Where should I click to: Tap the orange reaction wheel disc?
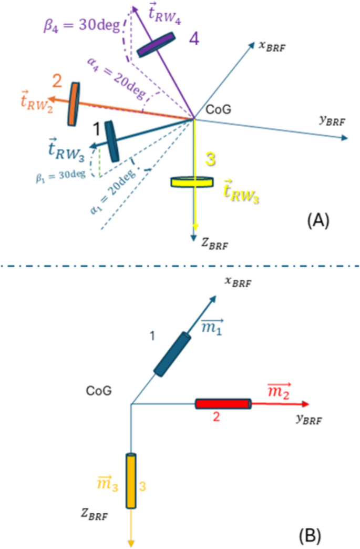coord(73,104)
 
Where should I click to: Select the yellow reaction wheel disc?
coord(192,182)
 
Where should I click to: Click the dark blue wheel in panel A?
coord(112,141)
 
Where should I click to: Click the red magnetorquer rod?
coord(223,404)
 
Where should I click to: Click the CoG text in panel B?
coord(99,391)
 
